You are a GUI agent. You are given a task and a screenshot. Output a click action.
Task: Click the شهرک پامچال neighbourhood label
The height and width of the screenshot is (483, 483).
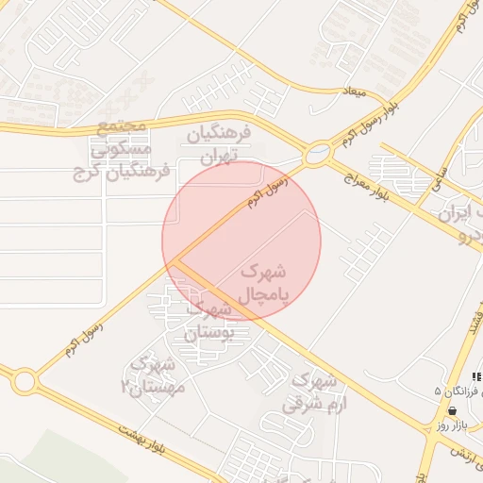(264, 283)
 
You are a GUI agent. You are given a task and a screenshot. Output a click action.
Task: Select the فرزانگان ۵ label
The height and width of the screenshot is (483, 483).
(458, 390)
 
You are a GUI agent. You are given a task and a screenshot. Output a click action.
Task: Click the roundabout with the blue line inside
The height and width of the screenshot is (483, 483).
(319, 152)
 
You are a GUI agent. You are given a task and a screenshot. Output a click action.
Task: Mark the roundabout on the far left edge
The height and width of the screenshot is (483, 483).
(25, 381)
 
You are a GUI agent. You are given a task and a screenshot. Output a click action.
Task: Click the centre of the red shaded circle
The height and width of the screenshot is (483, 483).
(241, 241)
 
